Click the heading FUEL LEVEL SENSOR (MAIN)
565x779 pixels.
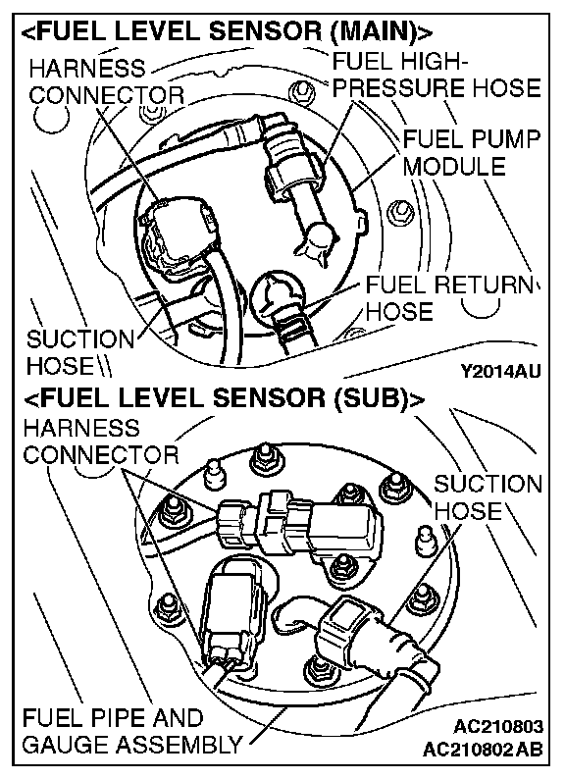[228, 31]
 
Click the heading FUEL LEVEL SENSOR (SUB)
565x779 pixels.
[224, 399]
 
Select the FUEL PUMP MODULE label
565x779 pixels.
[471, 152]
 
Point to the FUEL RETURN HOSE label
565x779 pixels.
[451, 298]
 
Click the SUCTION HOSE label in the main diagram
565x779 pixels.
[80, 353]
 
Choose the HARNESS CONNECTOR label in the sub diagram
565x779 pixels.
[101, 441]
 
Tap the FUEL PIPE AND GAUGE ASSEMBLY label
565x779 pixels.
[132, 731]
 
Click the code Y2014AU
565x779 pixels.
[500, 371]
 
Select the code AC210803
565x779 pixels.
[498, 727]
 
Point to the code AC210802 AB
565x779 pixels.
[483, 749]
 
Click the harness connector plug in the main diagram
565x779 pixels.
[180, 234]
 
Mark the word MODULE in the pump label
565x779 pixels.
[454, 166]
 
